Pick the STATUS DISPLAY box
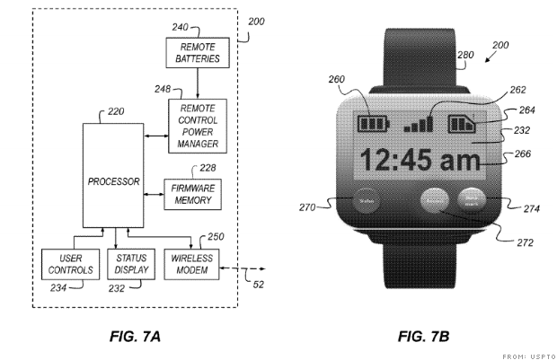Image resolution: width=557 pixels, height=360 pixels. (x=130, y=263)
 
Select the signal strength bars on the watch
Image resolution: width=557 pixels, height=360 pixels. (x=420, y=119)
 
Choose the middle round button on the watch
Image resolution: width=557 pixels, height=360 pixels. (x=436, y=202)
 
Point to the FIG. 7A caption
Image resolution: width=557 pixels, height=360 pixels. (x=136, y=337)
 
